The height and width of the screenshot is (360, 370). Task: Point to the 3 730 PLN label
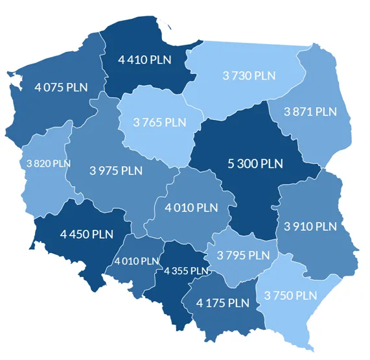(249, 76)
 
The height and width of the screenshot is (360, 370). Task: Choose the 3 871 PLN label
(310, 112)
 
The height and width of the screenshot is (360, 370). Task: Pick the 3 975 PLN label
(116, 171)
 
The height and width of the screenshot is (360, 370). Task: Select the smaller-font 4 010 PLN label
(136, 261)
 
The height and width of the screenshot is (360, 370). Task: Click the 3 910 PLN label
(310, 226)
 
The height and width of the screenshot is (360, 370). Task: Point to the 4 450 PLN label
(86, 234)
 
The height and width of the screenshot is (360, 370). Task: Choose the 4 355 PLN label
(187, 270)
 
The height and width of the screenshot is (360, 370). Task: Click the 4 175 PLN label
(223, 303)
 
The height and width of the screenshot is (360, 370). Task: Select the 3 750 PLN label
(291, 295)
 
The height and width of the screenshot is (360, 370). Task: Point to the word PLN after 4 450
(102, 234)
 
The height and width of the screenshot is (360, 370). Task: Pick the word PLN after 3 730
(264, 76)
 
